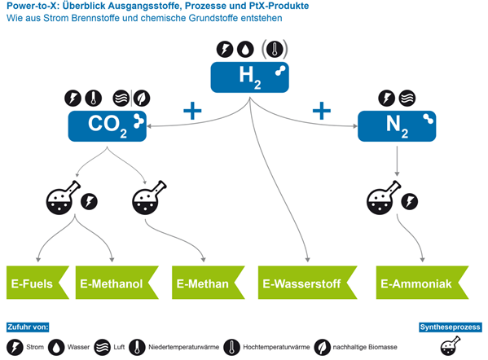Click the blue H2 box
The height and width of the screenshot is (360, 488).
tap(249, 77)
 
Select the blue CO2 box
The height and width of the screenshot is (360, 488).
tap(107, 126)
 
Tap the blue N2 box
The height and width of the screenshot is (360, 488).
tap(397, 126)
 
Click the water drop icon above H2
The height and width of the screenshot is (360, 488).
tap(245, 49)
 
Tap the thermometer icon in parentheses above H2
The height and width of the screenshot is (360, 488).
tap(275, 49)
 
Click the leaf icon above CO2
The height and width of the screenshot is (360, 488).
tap(142, 99)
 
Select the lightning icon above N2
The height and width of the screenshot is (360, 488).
tap(386, 99)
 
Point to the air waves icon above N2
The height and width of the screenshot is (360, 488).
tap(407, 99)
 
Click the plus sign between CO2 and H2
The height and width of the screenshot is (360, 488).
tap(192, 111)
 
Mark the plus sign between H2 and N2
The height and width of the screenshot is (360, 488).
tap(322, 111)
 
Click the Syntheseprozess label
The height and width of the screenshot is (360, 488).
tap(450, 327)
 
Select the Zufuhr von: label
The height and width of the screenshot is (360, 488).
tap(28, 327)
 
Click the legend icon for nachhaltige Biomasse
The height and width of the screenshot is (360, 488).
tap(322, 347)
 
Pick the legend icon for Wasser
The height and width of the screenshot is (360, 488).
tap(56, 347)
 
